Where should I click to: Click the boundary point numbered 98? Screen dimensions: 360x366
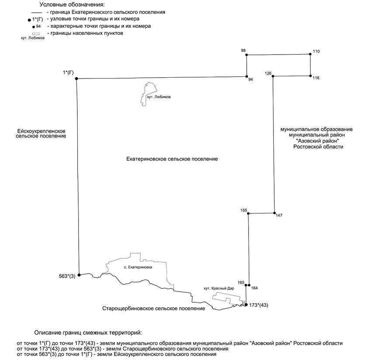click(x=247, y=55)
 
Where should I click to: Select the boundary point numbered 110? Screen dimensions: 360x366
click(x=310, y=54)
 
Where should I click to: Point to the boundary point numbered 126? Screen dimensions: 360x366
click(x=273, y=76)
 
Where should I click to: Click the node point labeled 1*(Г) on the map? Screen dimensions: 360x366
click(x=76, y=79)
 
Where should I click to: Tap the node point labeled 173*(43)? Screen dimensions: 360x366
click(x=246, y=305)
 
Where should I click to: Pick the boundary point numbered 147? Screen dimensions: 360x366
click(x=274, y=213)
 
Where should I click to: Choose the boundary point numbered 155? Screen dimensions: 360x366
click(x=248, y=214)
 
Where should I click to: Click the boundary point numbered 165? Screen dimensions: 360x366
click(x=245, y=286)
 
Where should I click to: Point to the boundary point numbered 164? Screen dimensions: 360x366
click(x=249, y=286)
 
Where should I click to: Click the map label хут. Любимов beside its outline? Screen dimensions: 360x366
click(x=159, y=97)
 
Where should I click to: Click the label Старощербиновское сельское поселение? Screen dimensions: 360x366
click(x=153, y=309)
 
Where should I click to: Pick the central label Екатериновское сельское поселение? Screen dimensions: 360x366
click(x=172, y=159)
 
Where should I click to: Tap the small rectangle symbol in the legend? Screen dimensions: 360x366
click(x=36, y=33)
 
